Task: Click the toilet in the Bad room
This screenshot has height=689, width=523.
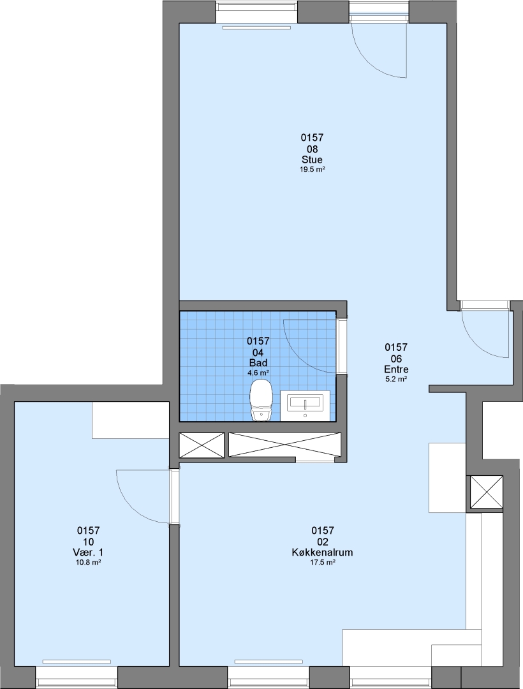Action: coord(261,400)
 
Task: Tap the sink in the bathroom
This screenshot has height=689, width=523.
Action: coord(305,406)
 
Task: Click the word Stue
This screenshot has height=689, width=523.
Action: coord(313,159)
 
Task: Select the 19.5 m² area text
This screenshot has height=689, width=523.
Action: coord(313,169)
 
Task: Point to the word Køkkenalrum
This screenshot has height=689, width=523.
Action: coord(322,552)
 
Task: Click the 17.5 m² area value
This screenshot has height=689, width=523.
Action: coord(323,562)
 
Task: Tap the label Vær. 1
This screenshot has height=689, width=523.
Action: coord(88,552)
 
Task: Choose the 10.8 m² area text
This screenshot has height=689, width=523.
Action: coord(88,562)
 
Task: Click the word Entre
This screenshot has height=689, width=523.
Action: coord(396,369)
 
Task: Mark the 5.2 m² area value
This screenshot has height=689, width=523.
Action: coord(396,379)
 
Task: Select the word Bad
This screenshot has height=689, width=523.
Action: coord(258,363)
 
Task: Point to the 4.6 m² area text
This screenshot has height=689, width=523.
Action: coord(258,373)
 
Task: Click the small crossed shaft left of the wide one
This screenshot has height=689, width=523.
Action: coord(202,445)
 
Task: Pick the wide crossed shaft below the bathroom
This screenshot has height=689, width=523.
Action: coord(285,445)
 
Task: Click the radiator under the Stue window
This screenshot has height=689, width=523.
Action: coord(257,28)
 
